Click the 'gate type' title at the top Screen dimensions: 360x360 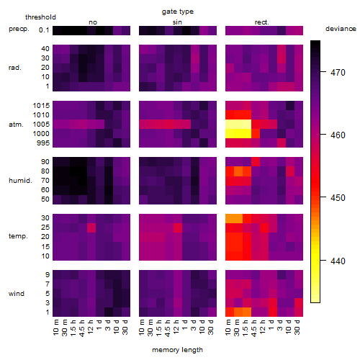(178, 12)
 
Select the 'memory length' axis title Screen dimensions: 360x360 (177, 350)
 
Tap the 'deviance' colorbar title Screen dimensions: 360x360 (341, 29)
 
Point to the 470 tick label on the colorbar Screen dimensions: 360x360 (338, 72)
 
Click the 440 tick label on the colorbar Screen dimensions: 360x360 (338, 261)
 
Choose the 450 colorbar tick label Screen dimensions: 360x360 (338, 198)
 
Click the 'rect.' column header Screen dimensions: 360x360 (262, 22)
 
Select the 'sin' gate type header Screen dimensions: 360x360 (177, 22)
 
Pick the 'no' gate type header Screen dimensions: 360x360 (93, 22)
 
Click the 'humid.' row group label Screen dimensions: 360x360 (20, 181)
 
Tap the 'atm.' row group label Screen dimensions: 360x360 (16, 125)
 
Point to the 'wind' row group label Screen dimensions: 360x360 (17, 294)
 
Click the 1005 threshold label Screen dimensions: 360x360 (41, 125)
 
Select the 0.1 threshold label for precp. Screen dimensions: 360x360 (44, 30)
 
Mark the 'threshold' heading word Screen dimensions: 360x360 (40, 17)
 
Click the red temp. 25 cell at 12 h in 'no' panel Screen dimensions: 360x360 (91, 228)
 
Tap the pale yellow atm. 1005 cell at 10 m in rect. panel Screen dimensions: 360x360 (230, 125)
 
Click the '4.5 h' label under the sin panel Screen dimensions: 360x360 (168, 328)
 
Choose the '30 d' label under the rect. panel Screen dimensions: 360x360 (297, 328)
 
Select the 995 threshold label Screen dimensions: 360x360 (43, 143)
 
